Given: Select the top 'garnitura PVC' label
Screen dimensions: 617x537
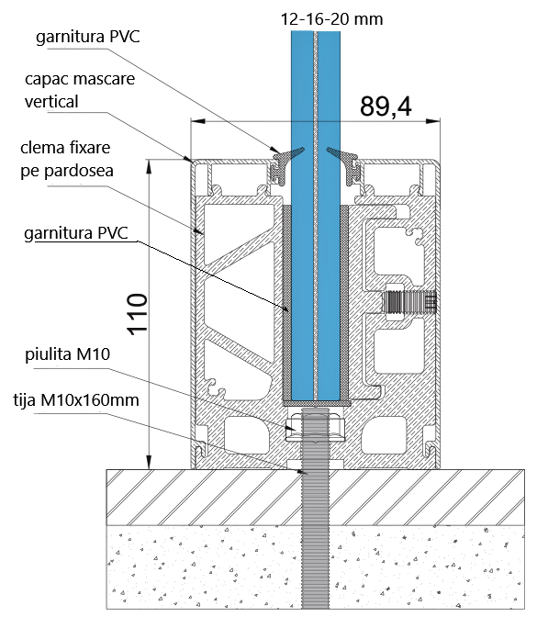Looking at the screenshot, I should point(88,37).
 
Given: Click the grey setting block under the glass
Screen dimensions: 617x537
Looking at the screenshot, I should point(316,401).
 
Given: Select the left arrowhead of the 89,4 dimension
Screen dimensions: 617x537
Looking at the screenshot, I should point(194,119).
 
